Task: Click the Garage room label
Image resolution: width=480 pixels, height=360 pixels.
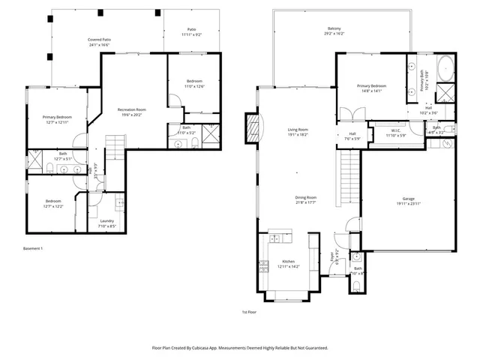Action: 408,198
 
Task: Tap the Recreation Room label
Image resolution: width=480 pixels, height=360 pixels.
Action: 131,110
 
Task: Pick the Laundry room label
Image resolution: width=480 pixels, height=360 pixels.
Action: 106,220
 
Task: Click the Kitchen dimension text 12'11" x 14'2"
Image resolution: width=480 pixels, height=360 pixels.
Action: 289,266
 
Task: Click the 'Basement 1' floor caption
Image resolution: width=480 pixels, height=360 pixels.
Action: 33,248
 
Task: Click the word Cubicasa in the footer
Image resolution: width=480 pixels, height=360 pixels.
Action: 207,348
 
